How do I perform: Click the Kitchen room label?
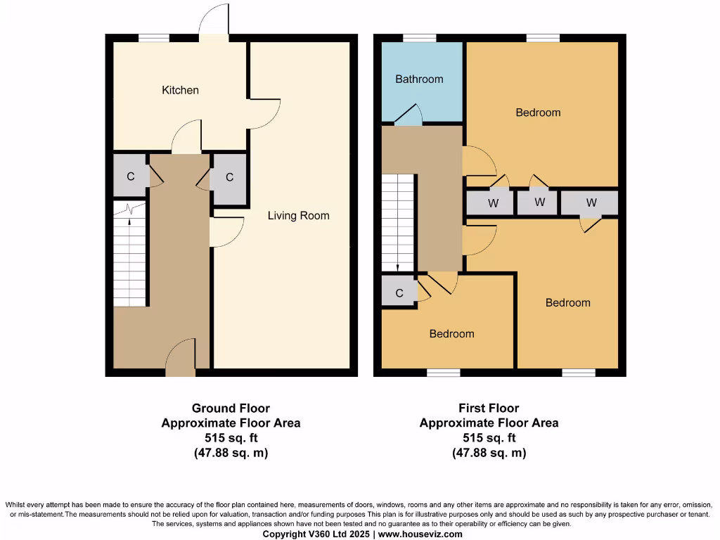coord(180,90)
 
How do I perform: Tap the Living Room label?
coord(298,216)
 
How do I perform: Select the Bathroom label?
coord(419,79)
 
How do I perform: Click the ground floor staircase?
coord(129,257)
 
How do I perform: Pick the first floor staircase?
coord(398,223)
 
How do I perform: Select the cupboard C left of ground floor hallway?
coord(130,176)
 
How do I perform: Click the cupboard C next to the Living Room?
coord(229,177)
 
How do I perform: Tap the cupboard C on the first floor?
coord(399,293)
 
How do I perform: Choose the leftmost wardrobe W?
coord(493,204)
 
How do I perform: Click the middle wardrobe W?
coord(539,202)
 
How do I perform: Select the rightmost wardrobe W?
coord(591,202)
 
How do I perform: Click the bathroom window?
coord(419,38)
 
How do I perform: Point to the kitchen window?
coord(153,38)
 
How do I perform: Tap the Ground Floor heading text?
coord(231,408)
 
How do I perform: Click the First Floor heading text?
coord(489,408)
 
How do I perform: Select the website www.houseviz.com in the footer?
coord(420,534)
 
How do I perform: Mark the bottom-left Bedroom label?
coord(451,333)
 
